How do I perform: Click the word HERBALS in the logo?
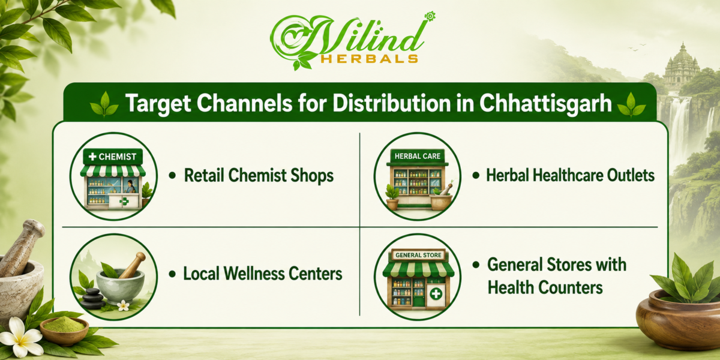[370, 59]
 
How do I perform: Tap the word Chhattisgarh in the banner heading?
[545, 103]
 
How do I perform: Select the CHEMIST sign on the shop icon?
[113, 157]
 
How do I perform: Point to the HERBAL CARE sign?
[418, 156]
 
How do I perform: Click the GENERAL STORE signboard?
[418, 255]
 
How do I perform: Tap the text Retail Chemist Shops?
[259, 175]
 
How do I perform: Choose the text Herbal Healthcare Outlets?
[570, 175]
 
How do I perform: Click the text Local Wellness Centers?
[263, 274]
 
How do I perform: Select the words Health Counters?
[545, 287]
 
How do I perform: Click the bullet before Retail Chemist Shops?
[172, 175]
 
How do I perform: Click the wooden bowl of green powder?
[64, 329]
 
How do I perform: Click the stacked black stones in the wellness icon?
[93, 299]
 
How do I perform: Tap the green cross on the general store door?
[436, 294]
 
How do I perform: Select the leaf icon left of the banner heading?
[104, 104]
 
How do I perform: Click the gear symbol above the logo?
[430, 16]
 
